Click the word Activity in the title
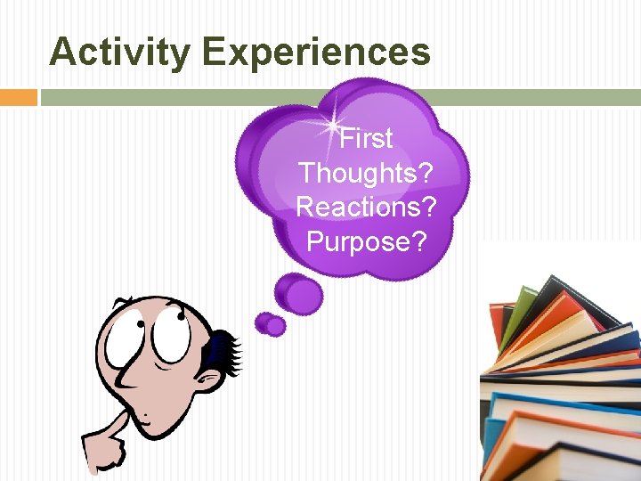tap(118, 53)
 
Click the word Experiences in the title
tap(316, 53)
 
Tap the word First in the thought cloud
tap(366, 139)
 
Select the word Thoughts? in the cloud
tap(366, 173)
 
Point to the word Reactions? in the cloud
tap(366, 207)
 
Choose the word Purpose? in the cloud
tap(366, 240)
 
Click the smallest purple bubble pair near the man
tap(270, 324)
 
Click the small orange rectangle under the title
tap(18, 97)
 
